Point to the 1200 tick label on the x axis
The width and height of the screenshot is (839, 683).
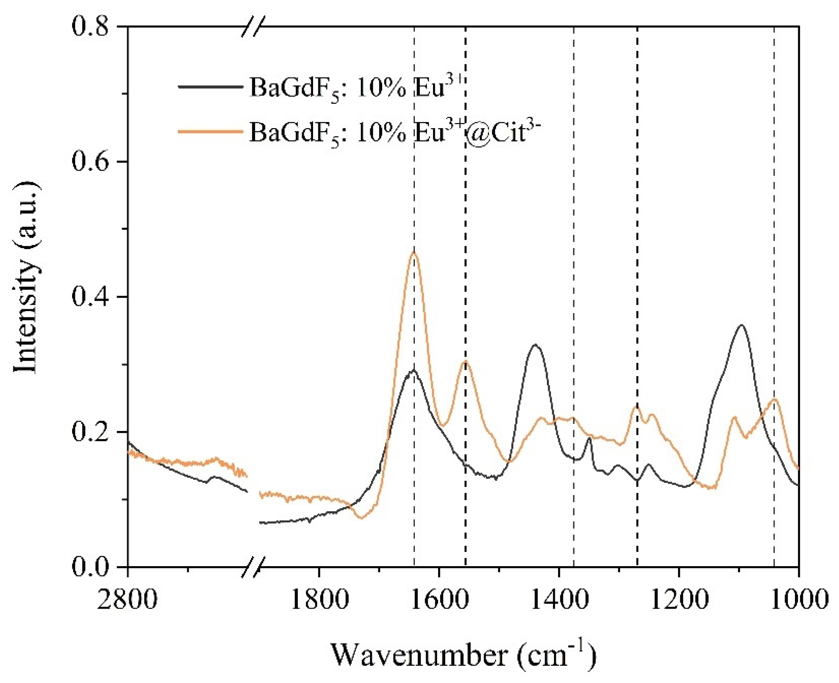pyautogui.click(x=679, y=599)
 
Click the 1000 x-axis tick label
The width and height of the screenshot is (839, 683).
pyautogui.click(x=799, y=599)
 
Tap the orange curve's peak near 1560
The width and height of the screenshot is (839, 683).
pyautogui.click(x=465, y=361)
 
